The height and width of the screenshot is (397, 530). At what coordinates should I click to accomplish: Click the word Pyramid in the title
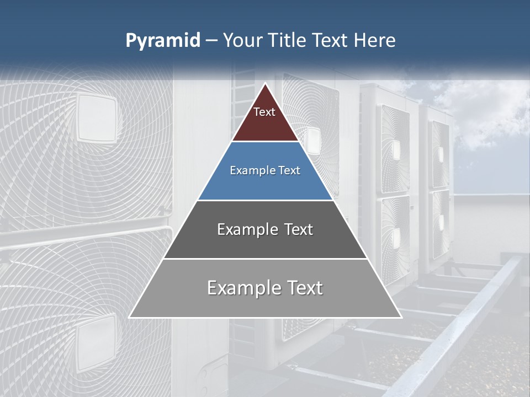pyautogui.click(x=162, y=41)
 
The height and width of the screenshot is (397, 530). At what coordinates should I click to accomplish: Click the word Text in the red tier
pyautogui.click(x=264, y=112)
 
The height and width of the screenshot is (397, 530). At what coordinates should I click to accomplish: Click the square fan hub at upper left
pyautogui.click(x=96, y=117)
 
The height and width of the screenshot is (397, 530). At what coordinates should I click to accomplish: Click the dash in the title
pyautogui.click(x=211, y=41)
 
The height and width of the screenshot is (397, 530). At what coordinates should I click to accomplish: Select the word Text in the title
pyautogui.click(x=331, y=40)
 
